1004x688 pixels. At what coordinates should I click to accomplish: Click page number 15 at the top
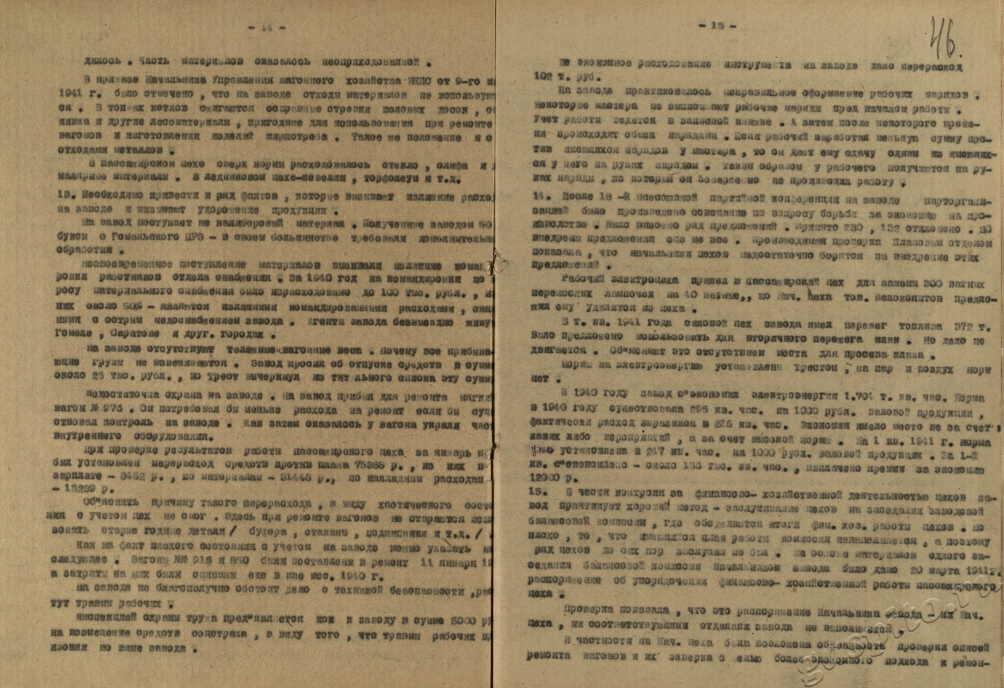tap(717, 25)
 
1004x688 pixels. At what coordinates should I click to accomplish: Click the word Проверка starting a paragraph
tap(587, 613)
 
